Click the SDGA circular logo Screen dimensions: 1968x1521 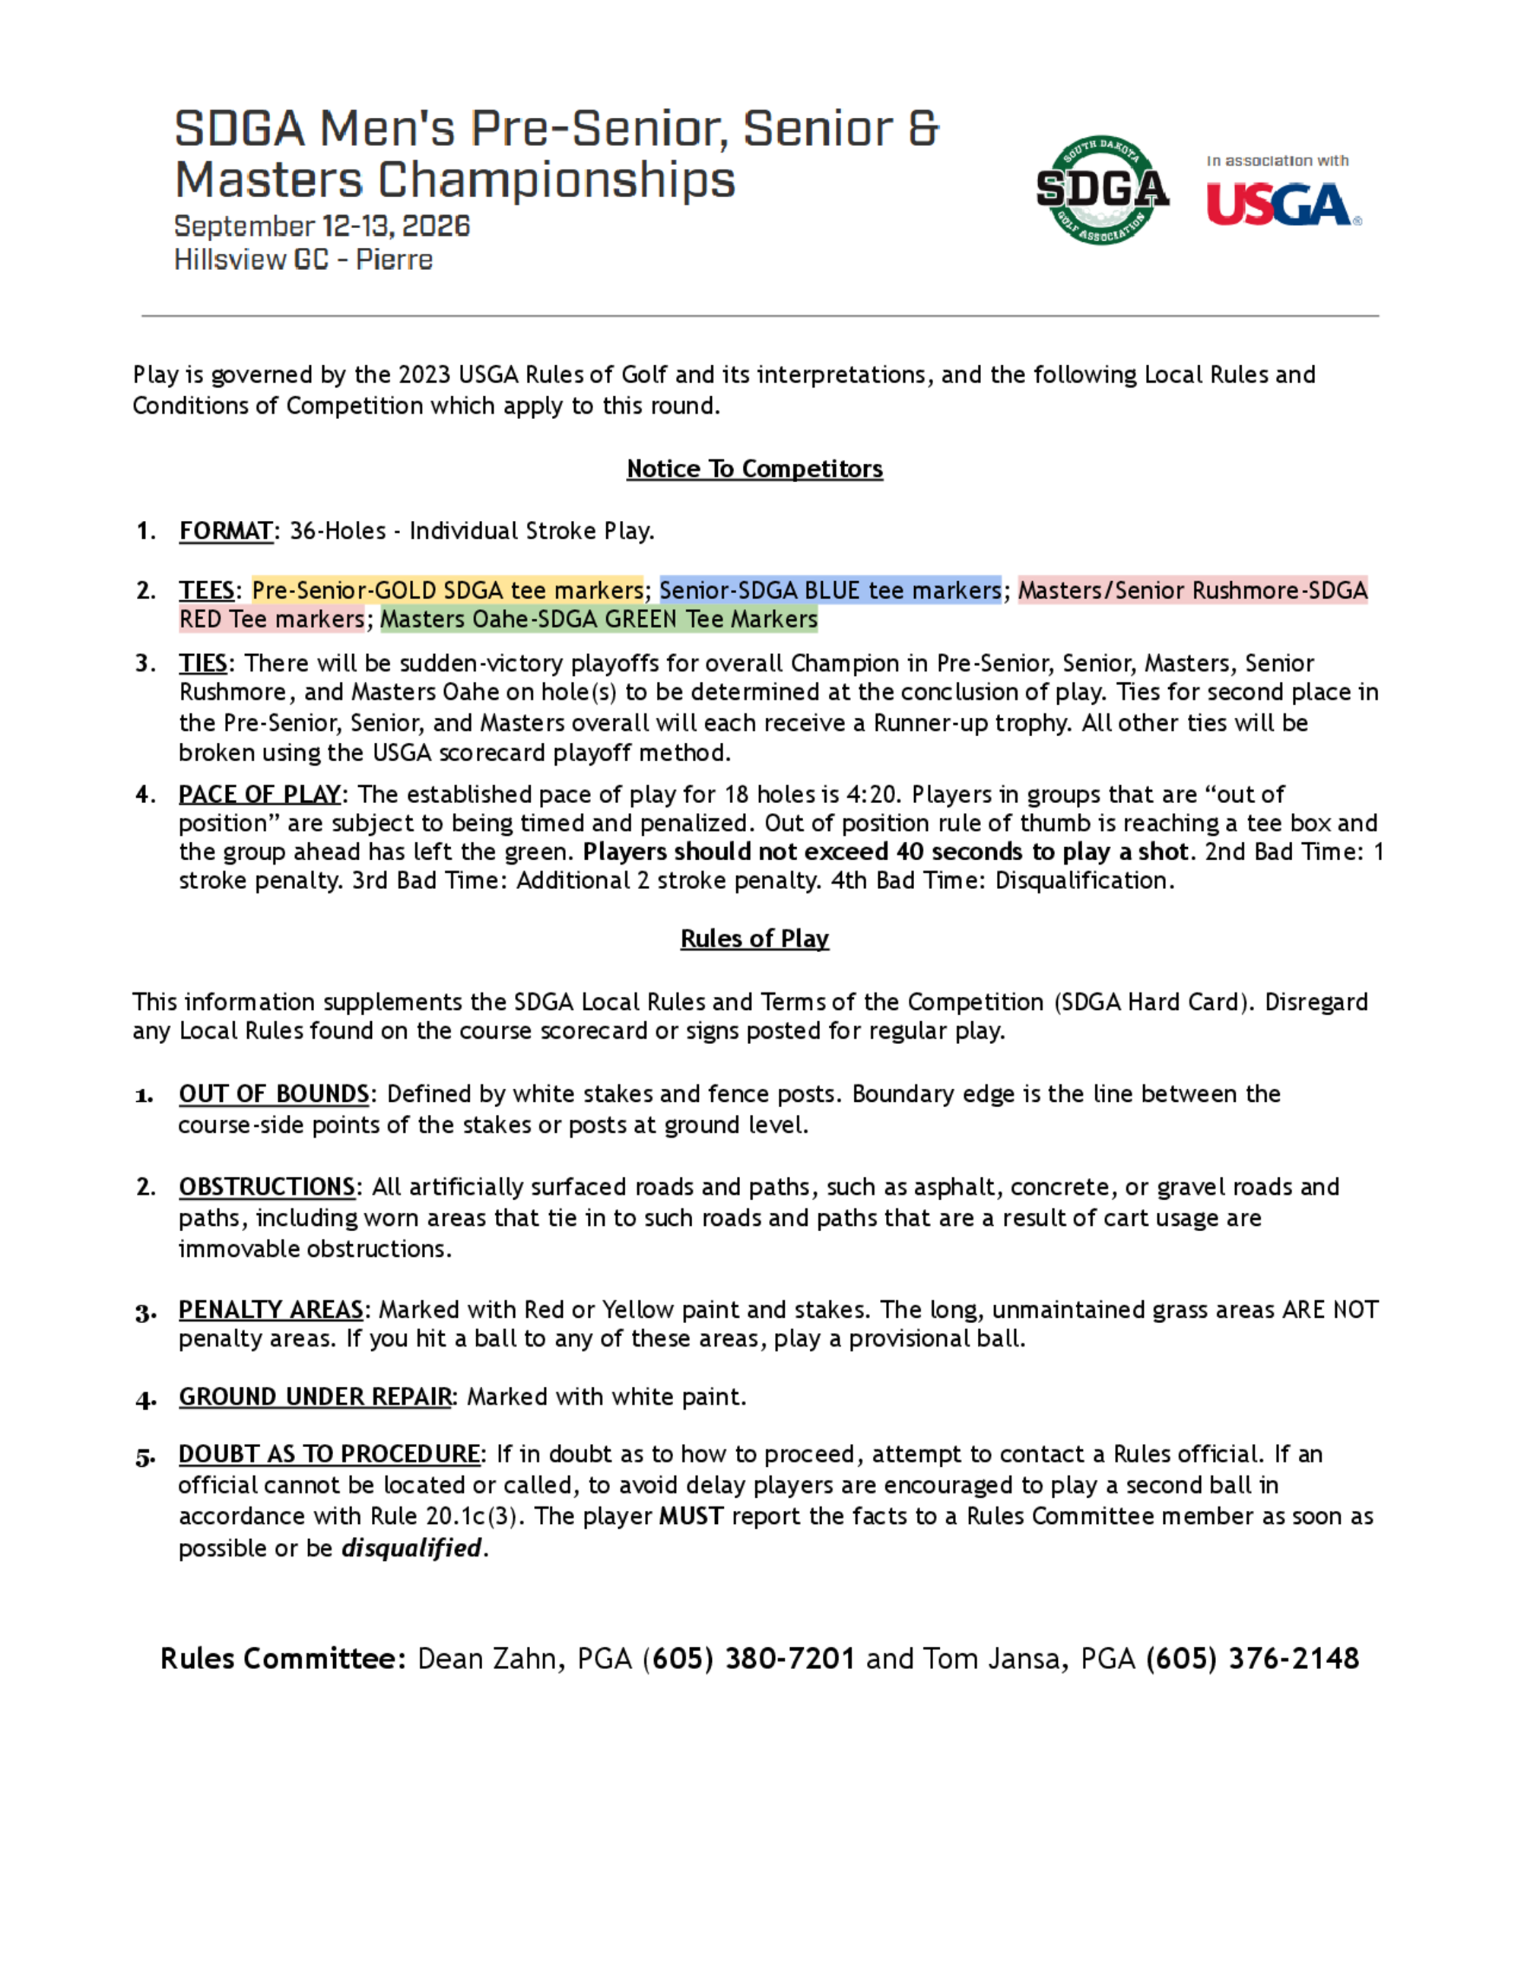click(x=1102, y=190)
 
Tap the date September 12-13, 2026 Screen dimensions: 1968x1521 click(x=322, y=225)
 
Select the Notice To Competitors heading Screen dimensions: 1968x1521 click(x=754, y=468)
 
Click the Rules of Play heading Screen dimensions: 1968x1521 click(x=754, y=938)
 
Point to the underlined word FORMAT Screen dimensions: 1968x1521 click(x=225, y=531)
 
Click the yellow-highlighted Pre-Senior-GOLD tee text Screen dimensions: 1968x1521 click(x=447, y=590)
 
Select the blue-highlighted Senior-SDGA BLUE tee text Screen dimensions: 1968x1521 click(x=830, y=590)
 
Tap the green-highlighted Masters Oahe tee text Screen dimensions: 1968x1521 click(x=599, y=619)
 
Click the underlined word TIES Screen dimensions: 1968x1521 click(x=203, y=663)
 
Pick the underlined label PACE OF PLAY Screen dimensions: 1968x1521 click(x=259, y=794)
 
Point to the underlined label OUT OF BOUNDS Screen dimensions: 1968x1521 click(x=274, y=1094)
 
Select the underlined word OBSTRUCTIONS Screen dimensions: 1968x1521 click(x=267, y=1187)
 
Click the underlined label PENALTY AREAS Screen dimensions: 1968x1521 click(x=270, y=1309)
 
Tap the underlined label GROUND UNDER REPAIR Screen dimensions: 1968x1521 click(x=315, y=1397)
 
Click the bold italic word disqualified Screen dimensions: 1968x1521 click(x=411, y=1548)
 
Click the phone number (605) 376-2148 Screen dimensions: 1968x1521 click(x=1253, y=1659)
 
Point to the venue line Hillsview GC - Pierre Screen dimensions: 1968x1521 click(x=303, y=259)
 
